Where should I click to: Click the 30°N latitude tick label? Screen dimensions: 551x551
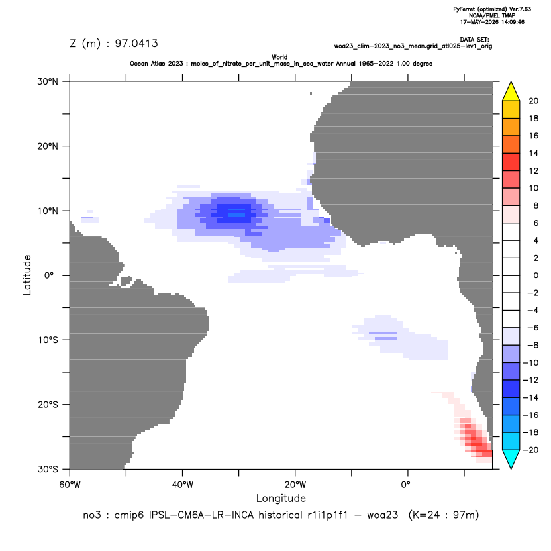click(48, 81)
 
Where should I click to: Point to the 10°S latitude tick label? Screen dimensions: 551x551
click(48, 340)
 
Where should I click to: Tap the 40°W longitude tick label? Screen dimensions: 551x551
click(182, 485)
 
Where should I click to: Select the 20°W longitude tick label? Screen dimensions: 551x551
click(295, 485)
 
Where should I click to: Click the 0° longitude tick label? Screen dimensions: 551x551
click(405, 485)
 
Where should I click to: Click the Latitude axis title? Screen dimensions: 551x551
click(27, 275)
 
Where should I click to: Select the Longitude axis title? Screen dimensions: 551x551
click(281, 498)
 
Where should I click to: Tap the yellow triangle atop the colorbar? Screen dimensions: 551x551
click(511, 91)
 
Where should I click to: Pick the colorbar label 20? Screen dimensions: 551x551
click(533, 101)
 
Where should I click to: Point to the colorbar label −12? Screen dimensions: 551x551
click(530, 380)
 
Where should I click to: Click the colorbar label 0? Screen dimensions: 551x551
click(536, 275)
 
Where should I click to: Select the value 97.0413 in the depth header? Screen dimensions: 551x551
click(136, 44)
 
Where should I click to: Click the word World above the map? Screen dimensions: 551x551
click(279, 57)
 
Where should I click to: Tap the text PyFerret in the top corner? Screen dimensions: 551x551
click(464, 9)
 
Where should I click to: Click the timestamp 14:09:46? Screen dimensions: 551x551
click(511, 22)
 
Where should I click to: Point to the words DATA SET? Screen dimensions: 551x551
click(474, 40)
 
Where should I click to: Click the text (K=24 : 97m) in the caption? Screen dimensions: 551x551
click(444, 515)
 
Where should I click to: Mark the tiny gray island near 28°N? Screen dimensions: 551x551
click(311, 93)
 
